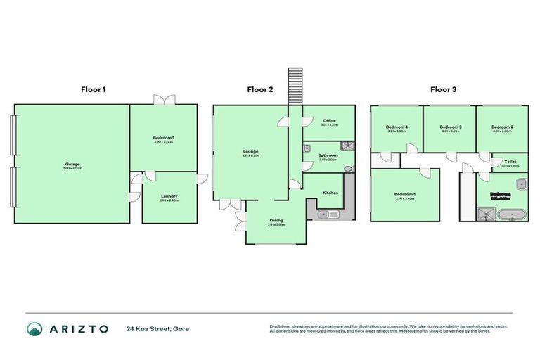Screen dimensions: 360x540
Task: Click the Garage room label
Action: click(72, 164)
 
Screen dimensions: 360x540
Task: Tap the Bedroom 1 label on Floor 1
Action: click(163, 137)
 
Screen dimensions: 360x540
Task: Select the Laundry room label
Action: click(168, 196)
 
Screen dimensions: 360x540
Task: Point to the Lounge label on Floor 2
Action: click(251, 151)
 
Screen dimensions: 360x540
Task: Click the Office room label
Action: click(329, 121)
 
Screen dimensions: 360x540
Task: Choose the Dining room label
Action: click(276, 220)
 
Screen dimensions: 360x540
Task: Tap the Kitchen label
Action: click(331, 192)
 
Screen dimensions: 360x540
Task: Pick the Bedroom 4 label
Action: click(397, 127)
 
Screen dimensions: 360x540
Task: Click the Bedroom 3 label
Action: click(450, 127)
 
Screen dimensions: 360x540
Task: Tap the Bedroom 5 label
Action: click(405, 194)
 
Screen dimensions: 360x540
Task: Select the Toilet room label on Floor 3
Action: click(510, 162)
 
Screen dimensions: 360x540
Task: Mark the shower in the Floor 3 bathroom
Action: click(487, 213)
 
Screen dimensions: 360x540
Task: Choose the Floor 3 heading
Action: click(443, 89)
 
